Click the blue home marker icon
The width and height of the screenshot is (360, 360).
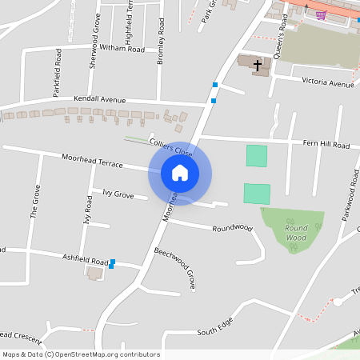point(180,172)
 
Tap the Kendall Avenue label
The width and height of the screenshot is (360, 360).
point(100,99)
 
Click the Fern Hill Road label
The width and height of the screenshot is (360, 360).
point(326,146)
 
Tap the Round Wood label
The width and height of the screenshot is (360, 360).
point(296,233)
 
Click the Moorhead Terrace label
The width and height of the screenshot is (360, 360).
point(92,160)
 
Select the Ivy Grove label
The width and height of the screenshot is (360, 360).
point(118,194)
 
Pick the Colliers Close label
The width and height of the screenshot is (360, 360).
point(171,146)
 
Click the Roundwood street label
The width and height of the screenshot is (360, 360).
point(232,229)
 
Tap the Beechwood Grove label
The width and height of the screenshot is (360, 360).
point(175,268)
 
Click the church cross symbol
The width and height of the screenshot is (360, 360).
point(258,65)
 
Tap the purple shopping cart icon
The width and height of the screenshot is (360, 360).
point(321,14)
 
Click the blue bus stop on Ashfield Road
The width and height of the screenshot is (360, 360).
point(112,262)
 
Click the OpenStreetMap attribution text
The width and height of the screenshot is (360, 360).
point(80,354)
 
